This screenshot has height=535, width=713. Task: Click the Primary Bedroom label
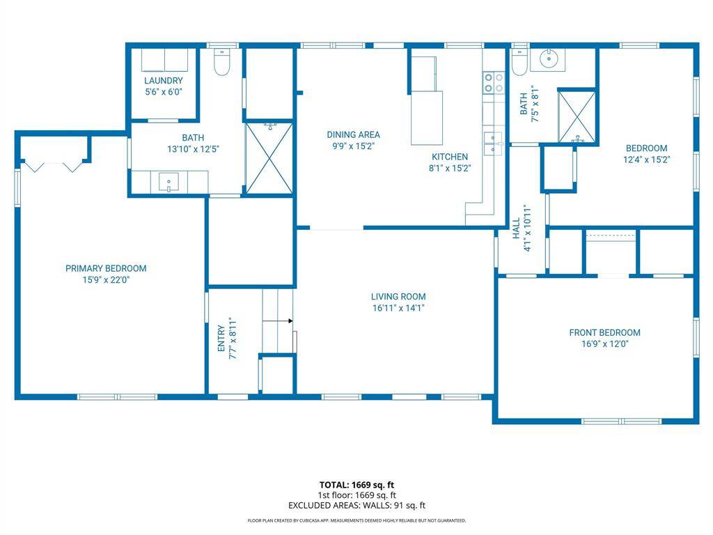[x=106, y=268]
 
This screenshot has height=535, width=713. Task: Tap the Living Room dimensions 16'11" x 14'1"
[x=398, y=308]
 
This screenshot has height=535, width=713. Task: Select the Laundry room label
[x=164, y=81]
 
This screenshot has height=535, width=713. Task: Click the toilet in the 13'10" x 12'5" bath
[x=222, y=63]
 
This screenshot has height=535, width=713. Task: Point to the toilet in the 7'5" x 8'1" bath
[x=519, y=62]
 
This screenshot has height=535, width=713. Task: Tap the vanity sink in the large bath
[x=169, y=183]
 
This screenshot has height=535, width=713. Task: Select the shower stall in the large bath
[x=269, y=158]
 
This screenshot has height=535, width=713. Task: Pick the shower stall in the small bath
[x=577, y=116]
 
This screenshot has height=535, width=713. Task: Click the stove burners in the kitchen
[x=494, y=83]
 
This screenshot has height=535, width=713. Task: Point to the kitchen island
[x=426, y=117]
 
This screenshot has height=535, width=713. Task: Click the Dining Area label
[x=354, y=134]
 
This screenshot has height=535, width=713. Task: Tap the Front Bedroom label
[x=604, y=332]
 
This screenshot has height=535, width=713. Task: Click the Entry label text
[x=221, y=338]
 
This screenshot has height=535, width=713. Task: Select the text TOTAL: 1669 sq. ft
[x=356, y=484]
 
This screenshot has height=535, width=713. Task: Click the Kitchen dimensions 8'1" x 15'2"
[x=449, y=168]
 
